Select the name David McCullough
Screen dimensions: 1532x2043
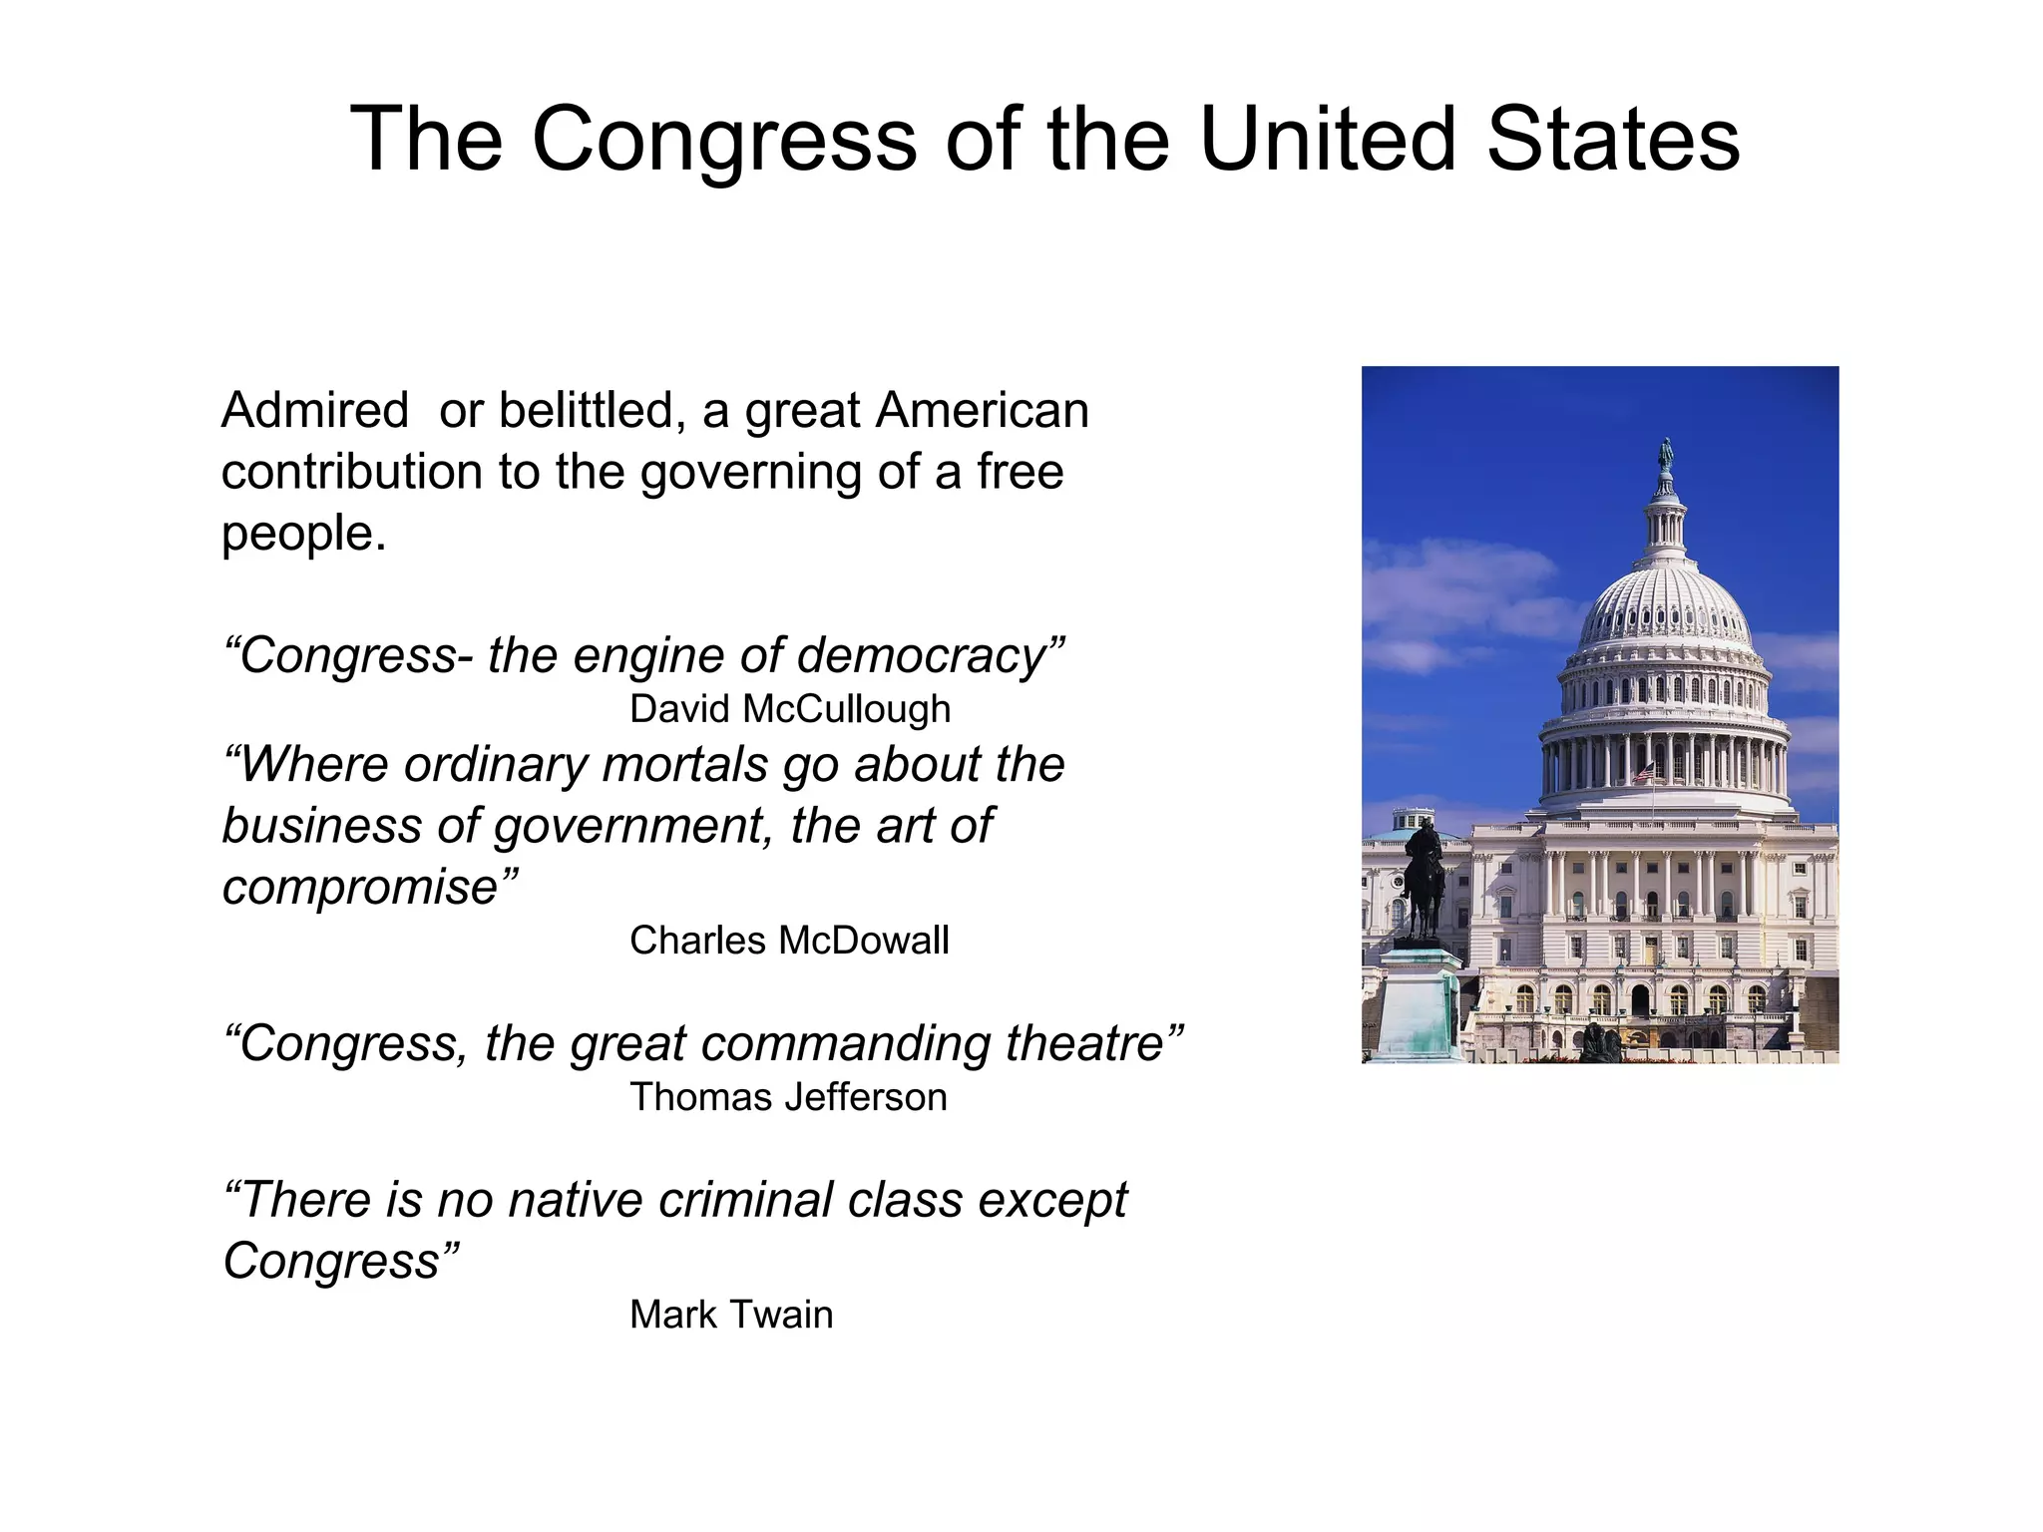pos(790,709)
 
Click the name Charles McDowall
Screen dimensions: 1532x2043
pos(789,941)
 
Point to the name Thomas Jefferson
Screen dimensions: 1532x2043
pos(788,1097)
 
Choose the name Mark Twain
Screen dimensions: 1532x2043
pos(731,1315)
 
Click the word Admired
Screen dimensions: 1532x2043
pos(314,410)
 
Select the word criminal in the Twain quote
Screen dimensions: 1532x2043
pos(745,1199)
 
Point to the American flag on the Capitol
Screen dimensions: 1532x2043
pos(1643,771)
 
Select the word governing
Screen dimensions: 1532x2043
pos(751,473)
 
